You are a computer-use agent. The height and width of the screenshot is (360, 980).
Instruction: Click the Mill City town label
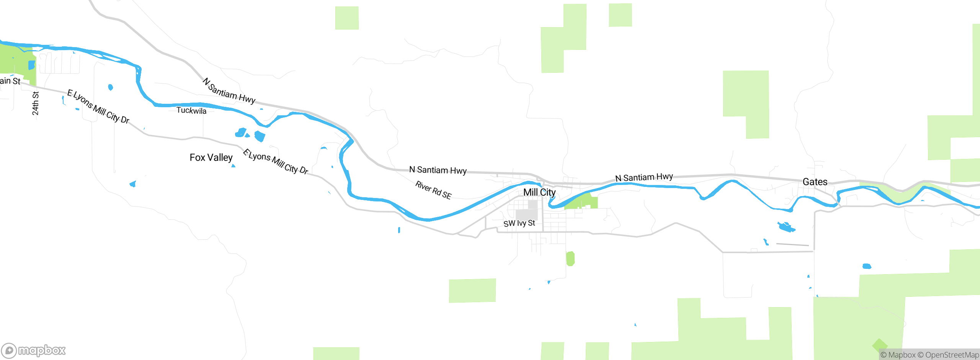pyautogui.click(x=539, y=192)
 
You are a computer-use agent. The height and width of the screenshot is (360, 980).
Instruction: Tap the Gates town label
pyautogui.click(x=815, y=182)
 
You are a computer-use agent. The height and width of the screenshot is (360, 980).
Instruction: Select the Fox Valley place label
pyautogui.click(x=211, y=157)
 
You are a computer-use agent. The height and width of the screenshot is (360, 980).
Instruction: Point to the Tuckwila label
pyautogui.click(x=191, y=111)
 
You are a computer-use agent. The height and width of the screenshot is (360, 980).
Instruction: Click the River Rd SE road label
pyautogui.click(x=433, y=190)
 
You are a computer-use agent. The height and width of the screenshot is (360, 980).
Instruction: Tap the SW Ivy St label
pyautogui.click(x=519, y=223)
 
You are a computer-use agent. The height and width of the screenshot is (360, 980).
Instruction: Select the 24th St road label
pyautogui.click(x=35, y=103)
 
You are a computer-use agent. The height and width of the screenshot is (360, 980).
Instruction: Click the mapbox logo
pyautogui.click(x=34, y=350)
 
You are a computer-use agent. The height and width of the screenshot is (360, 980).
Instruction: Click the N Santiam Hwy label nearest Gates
pyautogui.click(x=644, y=177)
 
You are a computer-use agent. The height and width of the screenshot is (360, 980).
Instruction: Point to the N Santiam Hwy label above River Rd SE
pyautogui.click(x=438, y=170)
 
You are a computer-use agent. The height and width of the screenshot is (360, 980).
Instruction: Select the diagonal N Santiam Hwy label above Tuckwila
pyautogui.click(x=229, y=91)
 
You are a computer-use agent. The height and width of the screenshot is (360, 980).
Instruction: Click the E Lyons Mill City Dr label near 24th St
pyautogui.click(x=98, y=107)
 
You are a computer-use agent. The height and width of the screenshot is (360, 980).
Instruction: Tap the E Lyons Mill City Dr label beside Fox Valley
pyautogui.click(x=275, y=162)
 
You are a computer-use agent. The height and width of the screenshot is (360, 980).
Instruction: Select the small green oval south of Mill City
pyautogui.click(x=570, y=259)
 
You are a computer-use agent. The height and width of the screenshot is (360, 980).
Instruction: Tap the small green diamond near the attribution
pyautogui.click(x=879, y=345)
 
